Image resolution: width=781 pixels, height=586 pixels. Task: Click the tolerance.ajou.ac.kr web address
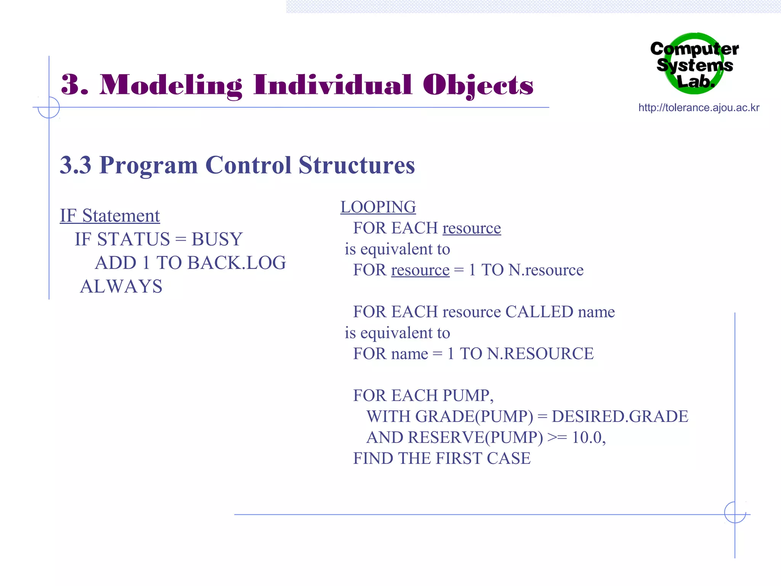pyautogui.click(x=699, y=108)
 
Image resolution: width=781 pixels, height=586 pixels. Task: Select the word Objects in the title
pyautogui.click(x=478, y=85)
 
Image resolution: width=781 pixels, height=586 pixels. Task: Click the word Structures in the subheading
pyautogui.click(x=357, y=165)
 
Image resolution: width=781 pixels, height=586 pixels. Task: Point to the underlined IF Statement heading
pyautogui.click(x=110, y=216)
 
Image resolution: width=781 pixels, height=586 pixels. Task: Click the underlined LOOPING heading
pyautogui.click(x=378, y=208)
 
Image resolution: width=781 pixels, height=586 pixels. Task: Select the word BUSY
pyautogui.click(x=217, y=240)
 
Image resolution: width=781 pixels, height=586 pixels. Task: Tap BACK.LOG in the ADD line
pyautogui.click(x=236, y=263)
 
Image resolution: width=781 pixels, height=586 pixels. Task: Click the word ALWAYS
pyautogui.click(x=121, y=287)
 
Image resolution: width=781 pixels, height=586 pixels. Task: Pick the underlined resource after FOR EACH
pyautogui.click(x=471, y=229)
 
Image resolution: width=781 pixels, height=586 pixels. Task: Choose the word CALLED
pyautogui.click(x=539, y=312)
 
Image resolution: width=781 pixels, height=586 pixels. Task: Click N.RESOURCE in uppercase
pyautogui.click(x=540, y=354)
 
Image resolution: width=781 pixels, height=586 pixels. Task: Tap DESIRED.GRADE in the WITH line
pyautogui.click(x=620, y=417)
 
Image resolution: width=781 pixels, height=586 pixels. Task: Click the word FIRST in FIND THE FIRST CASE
pyautogui.click(x=459, y=459)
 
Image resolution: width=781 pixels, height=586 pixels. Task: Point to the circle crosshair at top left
pyautogui.click(x=49, y=108)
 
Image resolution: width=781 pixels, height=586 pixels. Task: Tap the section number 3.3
pyautogui.click(x=76, y=165)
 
